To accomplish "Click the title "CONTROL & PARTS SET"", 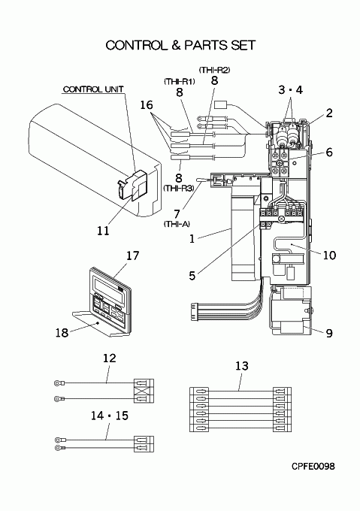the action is coord(180,45).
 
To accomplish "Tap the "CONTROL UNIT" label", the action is coord(93,89).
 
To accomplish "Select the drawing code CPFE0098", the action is coord(313,467).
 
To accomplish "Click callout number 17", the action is coord(132,255).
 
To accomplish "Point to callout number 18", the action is coord(62,333).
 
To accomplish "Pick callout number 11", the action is coord(103,231).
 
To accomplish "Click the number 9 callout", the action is coord(329,333).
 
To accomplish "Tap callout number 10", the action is coord(329,255).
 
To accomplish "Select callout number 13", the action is coord(242,366).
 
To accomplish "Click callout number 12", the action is coord(110,358).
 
